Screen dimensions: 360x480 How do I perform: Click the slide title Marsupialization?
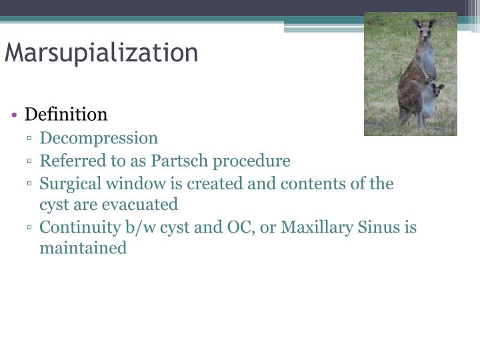pyautogui.click(x=101, y=53)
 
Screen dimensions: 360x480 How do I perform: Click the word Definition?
pyautogui.click(x=66, y=115)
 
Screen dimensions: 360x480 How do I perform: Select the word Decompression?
pyautogui.click(x=99, y=139)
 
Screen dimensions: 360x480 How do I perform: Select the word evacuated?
pyautogui.click(x=140, y=205)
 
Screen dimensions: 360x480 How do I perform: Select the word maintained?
pyautogui.click(x=83, y=249)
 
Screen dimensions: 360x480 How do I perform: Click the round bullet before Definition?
pyautogui.click(x=15, y=115)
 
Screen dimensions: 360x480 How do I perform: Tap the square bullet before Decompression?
pyautogui.click(x=31, y=140)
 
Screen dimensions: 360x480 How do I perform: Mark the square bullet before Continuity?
pyautogui.click(x=31, y=229)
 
